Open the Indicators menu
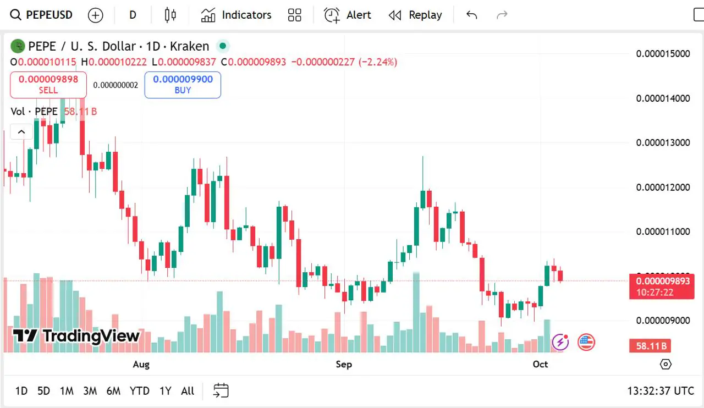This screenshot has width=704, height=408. [237, 15]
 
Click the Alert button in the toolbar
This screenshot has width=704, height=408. [348, 15]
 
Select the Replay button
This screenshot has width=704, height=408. [415, 15]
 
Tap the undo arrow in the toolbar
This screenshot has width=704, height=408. [471, 15]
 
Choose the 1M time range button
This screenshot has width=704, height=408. [67, 391]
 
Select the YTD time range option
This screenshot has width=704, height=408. [139, 391]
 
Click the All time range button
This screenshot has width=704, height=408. [188, 391]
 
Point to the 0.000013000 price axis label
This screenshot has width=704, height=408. [663, 142]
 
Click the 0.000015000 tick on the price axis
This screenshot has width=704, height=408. [663, 53]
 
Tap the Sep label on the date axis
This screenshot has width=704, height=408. [344, 364]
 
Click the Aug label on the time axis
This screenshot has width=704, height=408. [141, 364]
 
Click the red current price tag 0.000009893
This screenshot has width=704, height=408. [662, 282]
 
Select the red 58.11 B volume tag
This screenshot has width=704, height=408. [651, 346]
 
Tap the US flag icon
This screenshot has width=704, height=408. [586, 342]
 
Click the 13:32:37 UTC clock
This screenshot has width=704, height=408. [661, 391]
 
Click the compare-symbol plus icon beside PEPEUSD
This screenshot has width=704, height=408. [96, 15]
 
